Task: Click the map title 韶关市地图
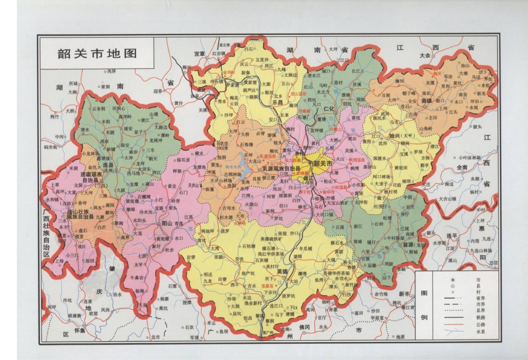[x=97, y=54]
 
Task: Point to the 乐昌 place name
[x=277, y=102]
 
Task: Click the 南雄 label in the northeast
[x=426, y=101]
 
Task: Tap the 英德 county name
[x=282, y=271]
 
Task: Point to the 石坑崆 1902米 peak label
[x=225, y=145]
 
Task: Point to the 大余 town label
[x=425, y=56]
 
